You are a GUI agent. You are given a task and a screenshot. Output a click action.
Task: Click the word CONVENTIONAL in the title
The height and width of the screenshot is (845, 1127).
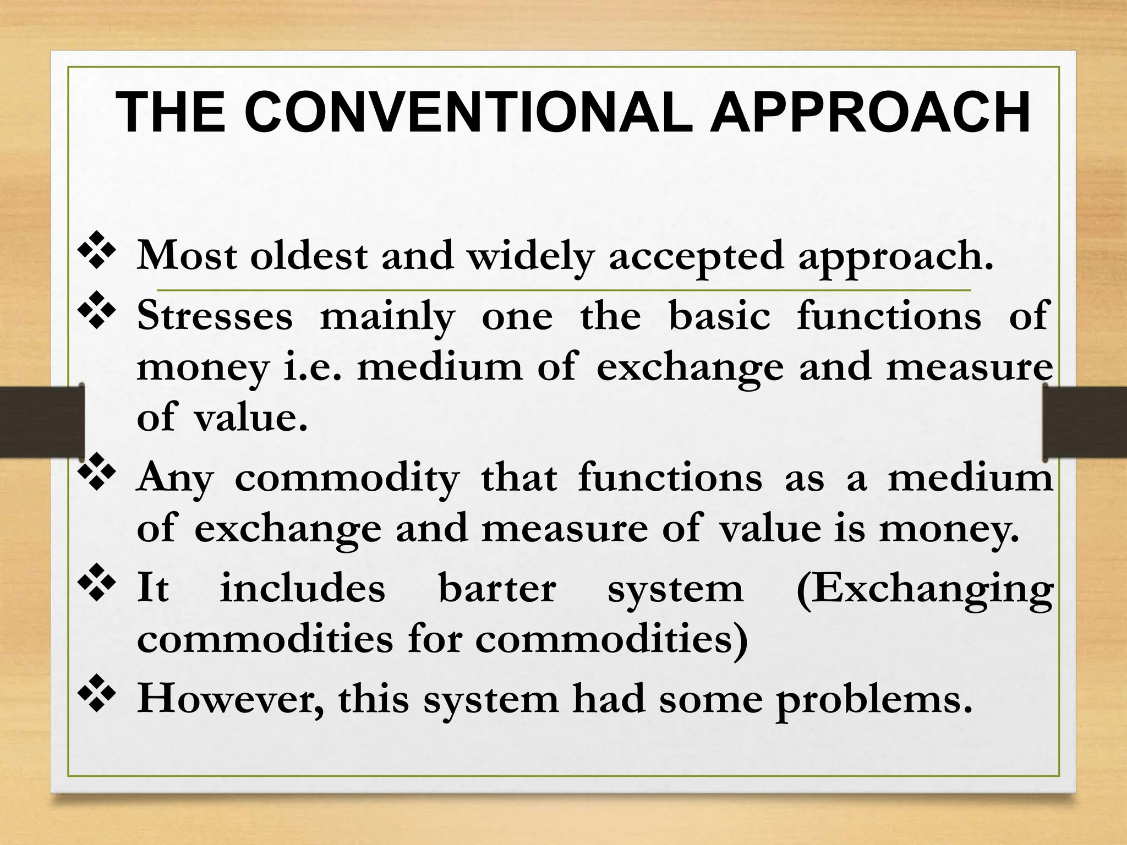tap(473, 113)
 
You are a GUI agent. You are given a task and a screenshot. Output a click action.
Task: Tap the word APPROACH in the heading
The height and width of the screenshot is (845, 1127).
tap(870, 113)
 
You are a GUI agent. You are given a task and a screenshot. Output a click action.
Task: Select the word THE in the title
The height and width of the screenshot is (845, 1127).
tap(171, 113)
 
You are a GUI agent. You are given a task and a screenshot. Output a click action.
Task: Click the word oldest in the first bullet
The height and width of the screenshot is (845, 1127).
tap(309, 256)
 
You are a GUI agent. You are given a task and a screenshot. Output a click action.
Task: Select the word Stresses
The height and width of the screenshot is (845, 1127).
tap(215, 316)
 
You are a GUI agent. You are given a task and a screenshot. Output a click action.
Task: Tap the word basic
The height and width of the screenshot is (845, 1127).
tap(719, 316)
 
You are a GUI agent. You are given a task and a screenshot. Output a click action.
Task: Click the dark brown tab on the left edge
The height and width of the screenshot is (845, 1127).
tap(41, 422)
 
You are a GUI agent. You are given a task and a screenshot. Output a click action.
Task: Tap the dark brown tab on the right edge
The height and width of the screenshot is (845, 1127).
tap(1085, 422)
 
